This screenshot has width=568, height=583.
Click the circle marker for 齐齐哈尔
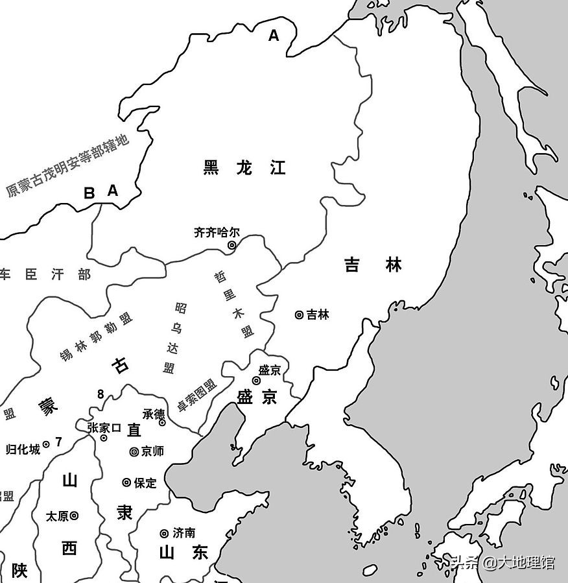point(231,245)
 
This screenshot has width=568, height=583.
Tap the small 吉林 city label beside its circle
point(318,315)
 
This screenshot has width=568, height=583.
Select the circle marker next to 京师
point(134,451)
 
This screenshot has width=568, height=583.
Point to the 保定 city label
point(145,482)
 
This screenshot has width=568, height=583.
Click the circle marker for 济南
point(164,533)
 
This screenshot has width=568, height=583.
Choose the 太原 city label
point(57,516)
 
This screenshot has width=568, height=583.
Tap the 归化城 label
point(23,448)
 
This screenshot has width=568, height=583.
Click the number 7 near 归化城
point(58,442)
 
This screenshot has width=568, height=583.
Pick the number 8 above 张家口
point(101,394)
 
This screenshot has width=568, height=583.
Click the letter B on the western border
point(89,193)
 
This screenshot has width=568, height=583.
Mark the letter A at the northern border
point(274,36)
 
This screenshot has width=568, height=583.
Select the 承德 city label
point(154,414)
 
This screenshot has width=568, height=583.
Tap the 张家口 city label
point(104,427)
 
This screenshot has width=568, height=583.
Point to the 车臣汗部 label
point(45,274)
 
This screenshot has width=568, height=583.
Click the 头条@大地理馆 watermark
point(503,562)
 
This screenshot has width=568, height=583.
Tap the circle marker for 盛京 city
point(256,381)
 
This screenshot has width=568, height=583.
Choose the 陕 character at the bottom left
point(19,571)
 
